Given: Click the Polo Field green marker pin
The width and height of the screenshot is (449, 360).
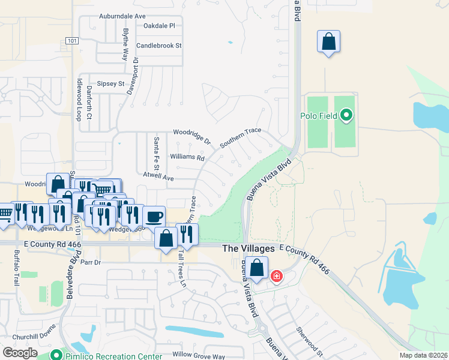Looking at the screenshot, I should point(346,114).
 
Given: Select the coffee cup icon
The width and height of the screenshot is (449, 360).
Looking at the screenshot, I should point(154,216).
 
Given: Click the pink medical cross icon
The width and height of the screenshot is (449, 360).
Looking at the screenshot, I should point(276,277).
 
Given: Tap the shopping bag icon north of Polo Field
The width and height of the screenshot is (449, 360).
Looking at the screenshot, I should point(328,43).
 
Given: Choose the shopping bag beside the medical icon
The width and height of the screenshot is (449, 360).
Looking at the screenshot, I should point(257,268).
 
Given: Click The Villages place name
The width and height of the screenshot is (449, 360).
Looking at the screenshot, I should point(248,248).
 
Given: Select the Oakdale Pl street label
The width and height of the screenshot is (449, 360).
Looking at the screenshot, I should point(159,26).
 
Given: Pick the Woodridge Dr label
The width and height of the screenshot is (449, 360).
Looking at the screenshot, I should point(192,136).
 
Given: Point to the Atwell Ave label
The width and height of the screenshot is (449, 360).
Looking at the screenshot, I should point(158,178).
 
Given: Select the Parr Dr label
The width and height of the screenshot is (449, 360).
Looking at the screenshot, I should point(91,262).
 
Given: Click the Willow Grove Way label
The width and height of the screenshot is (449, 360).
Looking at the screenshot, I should point(198,356).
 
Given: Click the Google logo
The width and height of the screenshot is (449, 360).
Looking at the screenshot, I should point(20,353).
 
